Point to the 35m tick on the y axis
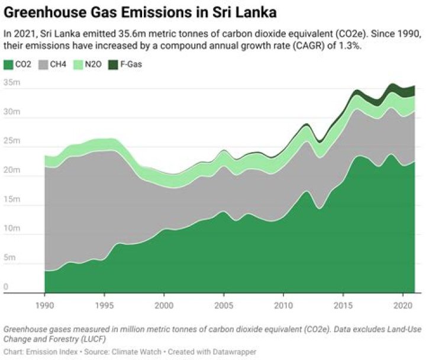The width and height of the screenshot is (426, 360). click(x=12, y=83)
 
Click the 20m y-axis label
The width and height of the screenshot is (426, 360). click(x=12, y=171)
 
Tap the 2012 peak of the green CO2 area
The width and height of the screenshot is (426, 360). click(x=306, y=191)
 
